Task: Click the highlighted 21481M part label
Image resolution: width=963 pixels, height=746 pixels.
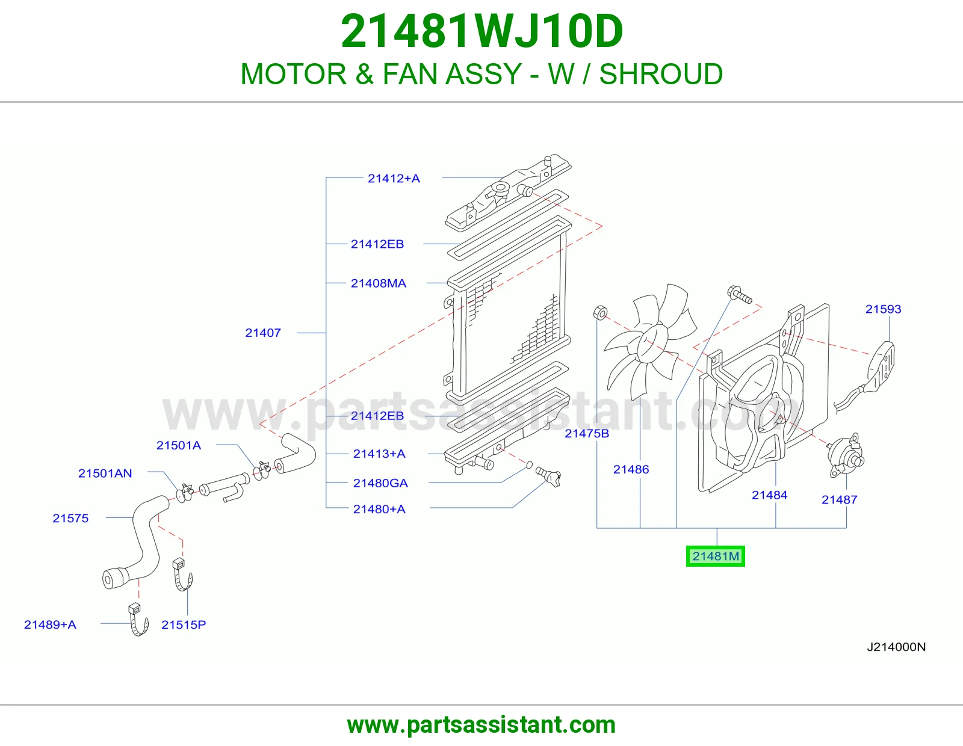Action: tap(715, 556)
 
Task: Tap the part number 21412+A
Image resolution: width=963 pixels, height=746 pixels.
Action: tap(394, 179)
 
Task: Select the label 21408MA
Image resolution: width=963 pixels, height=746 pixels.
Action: tap(379, 283)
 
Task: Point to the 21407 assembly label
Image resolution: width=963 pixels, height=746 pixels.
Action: tap(263, 333)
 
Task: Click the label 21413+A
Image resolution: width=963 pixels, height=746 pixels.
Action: tap(379, 454)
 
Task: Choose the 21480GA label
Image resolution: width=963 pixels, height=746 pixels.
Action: tap(380, 483)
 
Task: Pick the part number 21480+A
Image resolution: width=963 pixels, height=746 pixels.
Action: tap(379, 509)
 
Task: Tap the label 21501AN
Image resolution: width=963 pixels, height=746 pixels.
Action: tap(105, 473)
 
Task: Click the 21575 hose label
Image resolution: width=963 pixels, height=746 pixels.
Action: tap(70, 519)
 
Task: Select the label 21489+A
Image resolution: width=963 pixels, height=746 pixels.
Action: tap(50, 624)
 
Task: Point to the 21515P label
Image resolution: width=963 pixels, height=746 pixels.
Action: tap(184, 624)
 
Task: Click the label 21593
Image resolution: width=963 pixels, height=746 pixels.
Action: tap(883, 309)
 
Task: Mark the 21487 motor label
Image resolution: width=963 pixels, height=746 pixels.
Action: tap(840, 500)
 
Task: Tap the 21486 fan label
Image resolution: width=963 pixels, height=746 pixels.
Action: tap(631, 469)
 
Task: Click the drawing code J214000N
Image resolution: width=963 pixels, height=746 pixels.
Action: tap(896, 647)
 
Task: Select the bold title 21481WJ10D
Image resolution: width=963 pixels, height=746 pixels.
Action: tap(482, 31)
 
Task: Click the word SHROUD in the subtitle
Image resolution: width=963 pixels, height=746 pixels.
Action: tap(661, 74)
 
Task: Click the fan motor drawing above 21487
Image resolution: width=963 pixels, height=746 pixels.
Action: tap(845, 455)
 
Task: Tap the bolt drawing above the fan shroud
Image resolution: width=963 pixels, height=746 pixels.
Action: tap(740, 295)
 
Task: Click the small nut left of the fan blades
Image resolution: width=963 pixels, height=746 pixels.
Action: tap(600, 312)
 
